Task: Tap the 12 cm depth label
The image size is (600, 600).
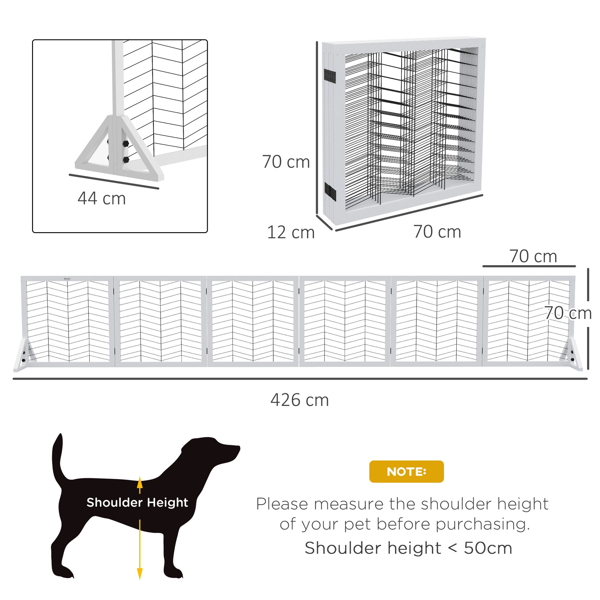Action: [291, 232]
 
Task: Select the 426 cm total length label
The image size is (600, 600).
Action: [300, 400]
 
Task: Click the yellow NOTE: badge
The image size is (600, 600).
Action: [406, 471]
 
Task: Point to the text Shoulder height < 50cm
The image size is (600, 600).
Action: [408, 548]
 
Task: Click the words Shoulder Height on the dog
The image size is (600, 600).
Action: [137, 502]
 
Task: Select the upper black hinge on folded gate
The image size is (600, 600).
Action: [330, 75]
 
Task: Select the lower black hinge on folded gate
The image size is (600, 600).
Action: [330, 191]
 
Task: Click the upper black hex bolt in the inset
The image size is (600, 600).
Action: [126, 143]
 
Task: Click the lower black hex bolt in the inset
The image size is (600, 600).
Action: [126, 160]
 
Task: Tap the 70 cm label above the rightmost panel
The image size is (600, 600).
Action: [533, 257]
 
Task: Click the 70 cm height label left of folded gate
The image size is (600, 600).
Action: [286, 162]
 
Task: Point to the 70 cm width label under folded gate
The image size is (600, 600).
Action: [437, 232]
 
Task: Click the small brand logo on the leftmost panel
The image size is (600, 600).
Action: [67, 279]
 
